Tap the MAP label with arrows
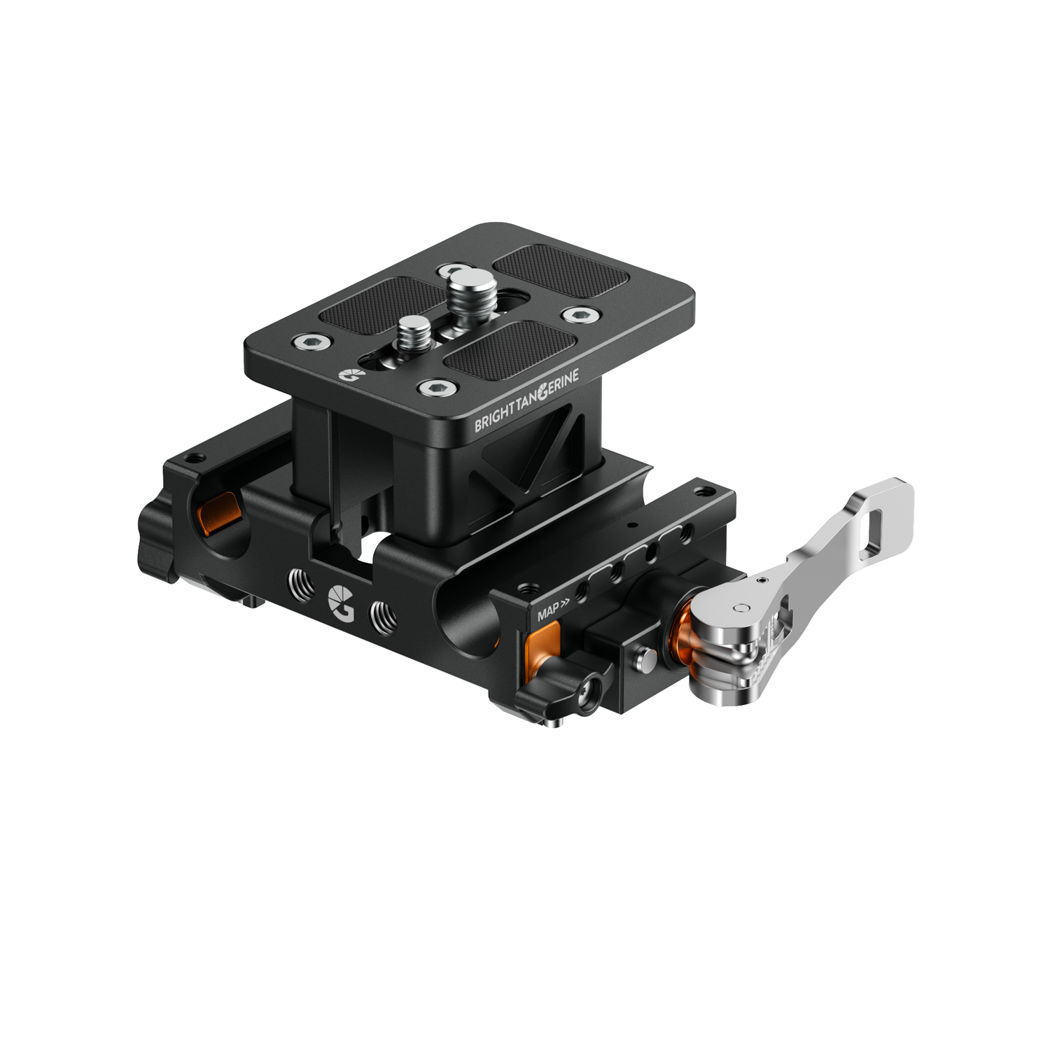[553, 610]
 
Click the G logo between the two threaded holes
[342, 601]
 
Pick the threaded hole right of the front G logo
[384, 617]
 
